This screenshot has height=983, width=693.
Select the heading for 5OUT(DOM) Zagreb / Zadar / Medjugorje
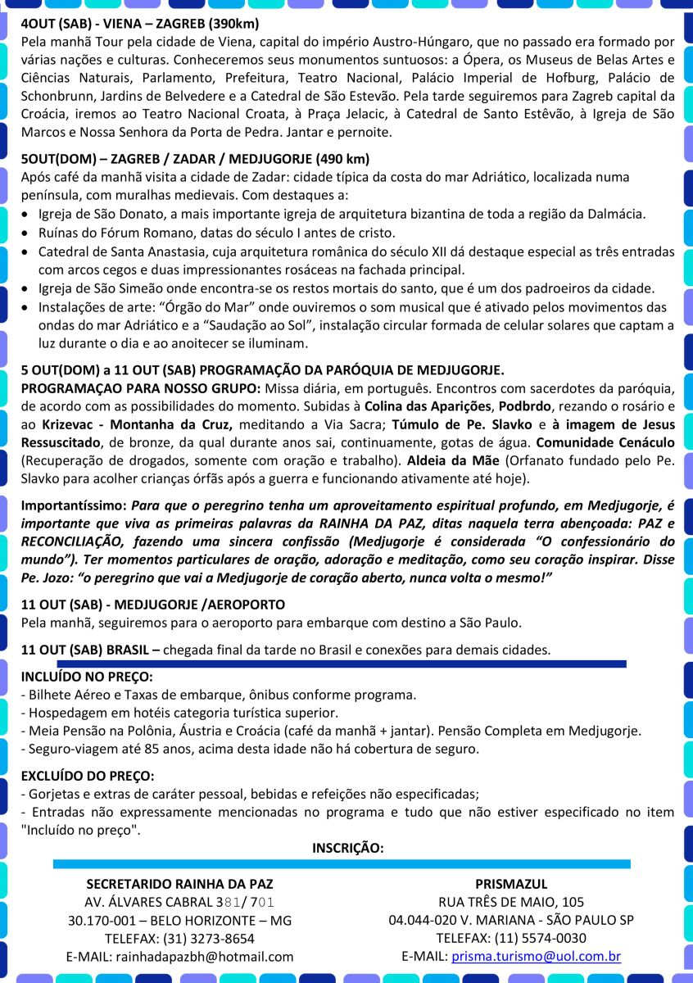195,158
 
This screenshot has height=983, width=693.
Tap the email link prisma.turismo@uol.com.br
536,956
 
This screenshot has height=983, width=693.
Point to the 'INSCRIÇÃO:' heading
347,847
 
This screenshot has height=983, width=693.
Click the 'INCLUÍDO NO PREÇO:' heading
87,677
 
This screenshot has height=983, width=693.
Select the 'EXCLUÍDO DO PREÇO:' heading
87,775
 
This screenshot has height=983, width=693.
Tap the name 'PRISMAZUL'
511,884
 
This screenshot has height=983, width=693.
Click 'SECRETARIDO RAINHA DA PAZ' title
179,884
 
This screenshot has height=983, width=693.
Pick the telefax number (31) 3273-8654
209,938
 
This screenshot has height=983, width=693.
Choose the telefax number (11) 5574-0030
540,938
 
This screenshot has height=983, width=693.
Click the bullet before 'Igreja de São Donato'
25,215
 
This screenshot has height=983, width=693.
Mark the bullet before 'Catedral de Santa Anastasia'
25,251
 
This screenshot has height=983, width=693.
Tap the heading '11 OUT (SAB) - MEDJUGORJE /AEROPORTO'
152,605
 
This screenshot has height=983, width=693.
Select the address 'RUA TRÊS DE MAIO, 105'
511,902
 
